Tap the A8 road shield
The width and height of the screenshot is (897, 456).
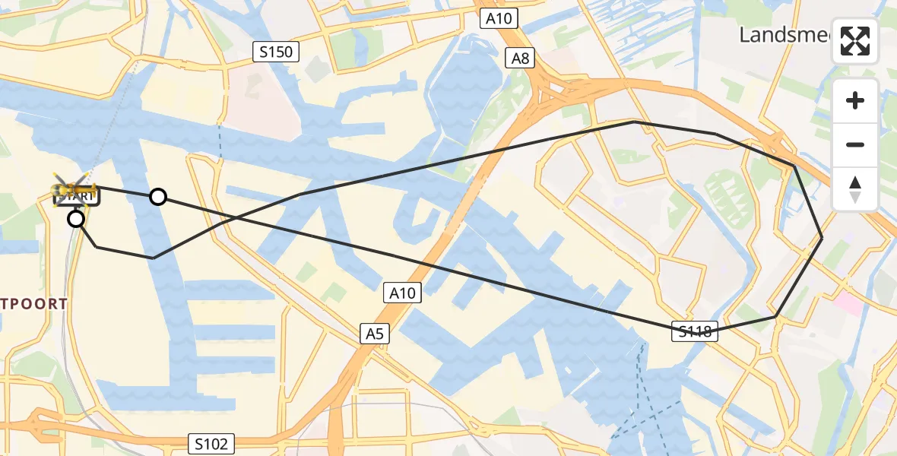(521, 58)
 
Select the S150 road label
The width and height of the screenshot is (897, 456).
(276, 52)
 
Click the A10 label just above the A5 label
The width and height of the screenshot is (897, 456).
(403, 293)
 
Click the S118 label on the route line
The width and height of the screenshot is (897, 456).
(695, 331)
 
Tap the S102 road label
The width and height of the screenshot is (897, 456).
(211, 443)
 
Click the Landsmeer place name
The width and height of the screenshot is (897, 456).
(787, 34)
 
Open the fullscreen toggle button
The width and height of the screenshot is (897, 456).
(855, 41)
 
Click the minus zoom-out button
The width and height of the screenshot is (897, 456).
(855, 144)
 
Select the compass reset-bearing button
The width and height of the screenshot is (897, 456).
(855, 188)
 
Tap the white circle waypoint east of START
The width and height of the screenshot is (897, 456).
(157, 197)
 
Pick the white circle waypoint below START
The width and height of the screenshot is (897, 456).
(76, 220)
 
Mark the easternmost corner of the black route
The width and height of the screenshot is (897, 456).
(822, 239)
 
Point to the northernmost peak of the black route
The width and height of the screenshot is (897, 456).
(634, 122)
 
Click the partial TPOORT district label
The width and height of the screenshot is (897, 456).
(34, 304)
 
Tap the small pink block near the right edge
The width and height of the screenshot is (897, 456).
(849, 306)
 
